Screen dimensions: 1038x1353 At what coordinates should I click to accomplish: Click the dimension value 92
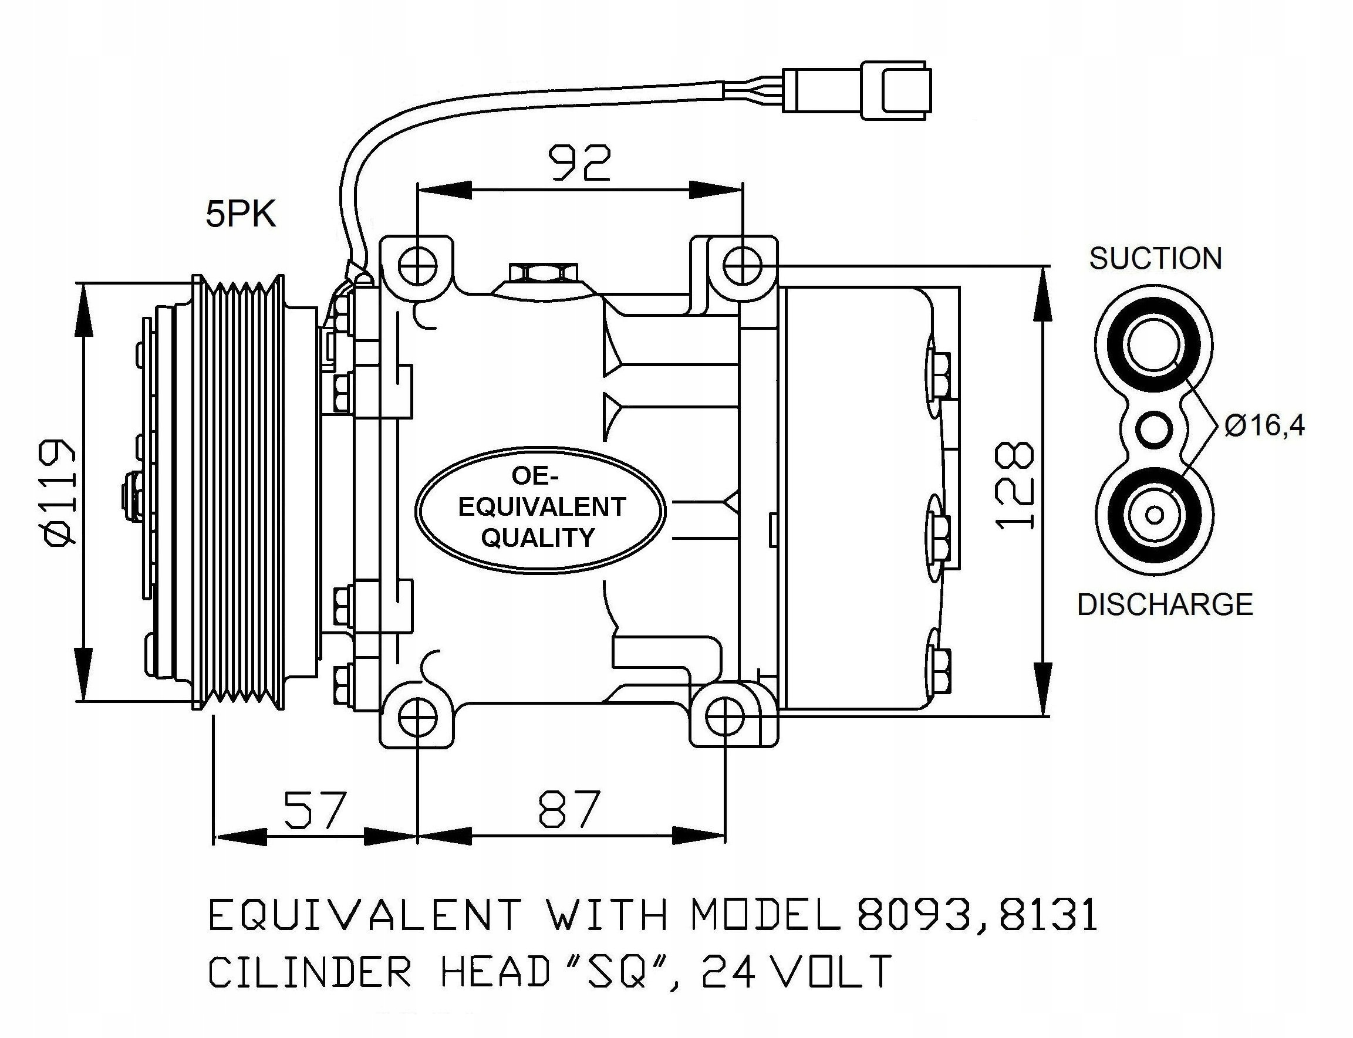pyautogui.click(x=580, y=163)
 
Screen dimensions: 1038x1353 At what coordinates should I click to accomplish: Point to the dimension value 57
pyautogui.click(x=315, y=809)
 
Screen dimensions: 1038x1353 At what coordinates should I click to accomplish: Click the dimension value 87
pyautogui.click(x=569, y=809)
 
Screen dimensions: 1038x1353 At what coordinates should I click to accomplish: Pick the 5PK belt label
pyautogui.click(x=241, y=215)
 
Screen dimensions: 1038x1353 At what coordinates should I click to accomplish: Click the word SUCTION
pyautogui.click(x=1155, y=258)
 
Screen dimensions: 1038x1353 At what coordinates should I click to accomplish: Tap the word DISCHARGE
pyautogui.click(x=1165, y=604)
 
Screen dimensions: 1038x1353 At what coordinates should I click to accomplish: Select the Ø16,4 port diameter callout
pyautogui.click(x=1264, y=426)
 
